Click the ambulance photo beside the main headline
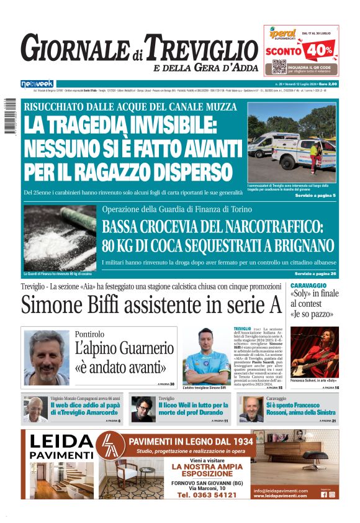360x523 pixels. click(x=292, y=143)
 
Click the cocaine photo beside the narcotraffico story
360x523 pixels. click(x=60, y=238)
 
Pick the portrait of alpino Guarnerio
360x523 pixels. click(x=47, y=357)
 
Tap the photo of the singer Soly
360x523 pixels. click(x=315, y=352)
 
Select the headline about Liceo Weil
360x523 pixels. click(x=194, y=407)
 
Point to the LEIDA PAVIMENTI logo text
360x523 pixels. click(x=61, y=447)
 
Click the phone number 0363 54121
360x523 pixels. click(x=207, y=495)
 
